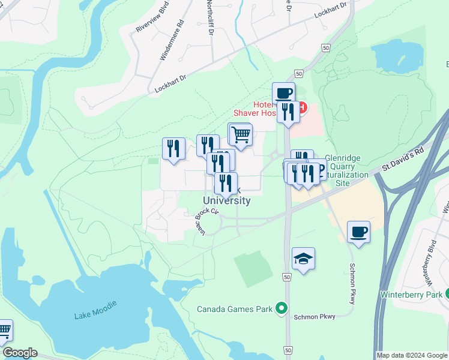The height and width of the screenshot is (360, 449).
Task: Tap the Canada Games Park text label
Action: click(x=235, y=310)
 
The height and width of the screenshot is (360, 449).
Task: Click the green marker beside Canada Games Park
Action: click(x=280, y=309)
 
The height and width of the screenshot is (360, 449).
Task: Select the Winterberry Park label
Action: click(x=411, y=295)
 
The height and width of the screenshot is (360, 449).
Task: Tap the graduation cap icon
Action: click(x=303, y=259)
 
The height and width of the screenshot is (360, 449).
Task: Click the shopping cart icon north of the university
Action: click(x=241, y=134)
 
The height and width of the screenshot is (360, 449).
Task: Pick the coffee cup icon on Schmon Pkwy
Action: click(x=358, y=232)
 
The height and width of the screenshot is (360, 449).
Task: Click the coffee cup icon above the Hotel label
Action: click(x=284, y=94)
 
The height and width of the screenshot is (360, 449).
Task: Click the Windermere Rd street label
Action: click(x=171, y=42)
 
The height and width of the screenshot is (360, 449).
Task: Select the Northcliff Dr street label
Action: click(x=209, y=18)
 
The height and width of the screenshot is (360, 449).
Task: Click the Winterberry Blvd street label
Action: click(x=430, y=260)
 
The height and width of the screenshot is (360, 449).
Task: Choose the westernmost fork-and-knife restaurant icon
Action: click(x=173, y=148)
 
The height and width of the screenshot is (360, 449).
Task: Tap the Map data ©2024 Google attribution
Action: click(x=412, y=355)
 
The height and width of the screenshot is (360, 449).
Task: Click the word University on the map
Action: click(x=226, y=200)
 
